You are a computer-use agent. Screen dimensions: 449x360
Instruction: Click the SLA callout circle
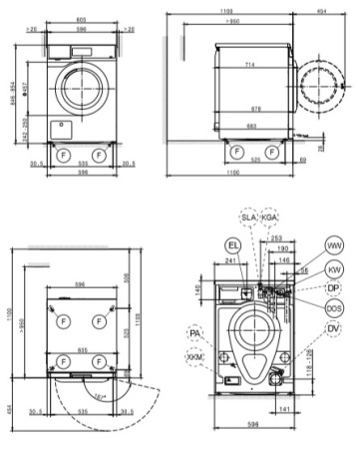click(247, 218)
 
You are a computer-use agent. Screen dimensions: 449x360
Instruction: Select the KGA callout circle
click(269, 218)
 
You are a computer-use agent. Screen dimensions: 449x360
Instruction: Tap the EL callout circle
click(232, 243)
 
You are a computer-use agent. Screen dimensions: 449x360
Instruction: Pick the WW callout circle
click(333, 245)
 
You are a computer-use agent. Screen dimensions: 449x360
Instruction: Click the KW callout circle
click(334, 268)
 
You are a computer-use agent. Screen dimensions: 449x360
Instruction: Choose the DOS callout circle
click(334, 309)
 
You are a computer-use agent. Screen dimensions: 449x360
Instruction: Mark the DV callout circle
click(334, 331)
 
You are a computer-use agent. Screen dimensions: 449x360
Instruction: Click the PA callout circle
click(193, 334)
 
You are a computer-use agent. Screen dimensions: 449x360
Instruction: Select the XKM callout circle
click(193, 356)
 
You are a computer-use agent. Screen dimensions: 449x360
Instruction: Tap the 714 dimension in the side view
click(245, 63)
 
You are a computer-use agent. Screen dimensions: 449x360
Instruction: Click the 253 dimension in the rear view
click(275, 240)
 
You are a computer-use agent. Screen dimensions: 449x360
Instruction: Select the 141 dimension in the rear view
click(286, 408)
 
